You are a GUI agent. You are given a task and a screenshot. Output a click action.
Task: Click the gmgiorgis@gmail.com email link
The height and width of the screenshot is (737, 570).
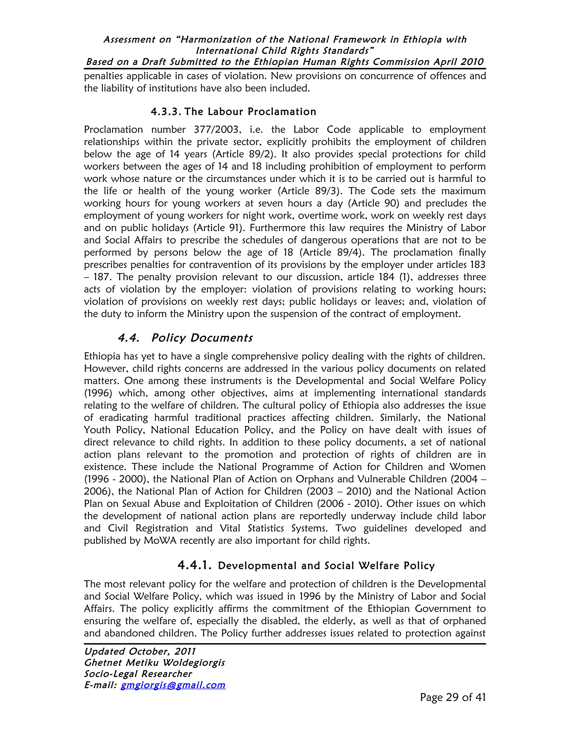(173, 685)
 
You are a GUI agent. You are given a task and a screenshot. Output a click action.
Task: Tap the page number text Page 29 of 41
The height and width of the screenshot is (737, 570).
(453, 697)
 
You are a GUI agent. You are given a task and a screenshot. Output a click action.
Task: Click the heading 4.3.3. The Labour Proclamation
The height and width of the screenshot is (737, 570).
(233, 112)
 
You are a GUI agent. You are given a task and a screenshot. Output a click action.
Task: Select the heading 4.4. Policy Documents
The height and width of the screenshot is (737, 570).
(185, 338)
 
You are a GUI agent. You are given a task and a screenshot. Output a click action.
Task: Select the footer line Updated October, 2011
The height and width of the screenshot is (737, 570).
(140, 651)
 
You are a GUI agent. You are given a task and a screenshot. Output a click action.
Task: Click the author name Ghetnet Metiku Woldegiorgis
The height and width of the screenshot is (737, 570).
(154, 662)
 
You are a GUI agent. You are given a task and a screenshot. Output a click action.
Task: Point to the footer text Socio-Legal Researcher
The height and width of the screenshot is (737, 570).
(138, 674)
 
